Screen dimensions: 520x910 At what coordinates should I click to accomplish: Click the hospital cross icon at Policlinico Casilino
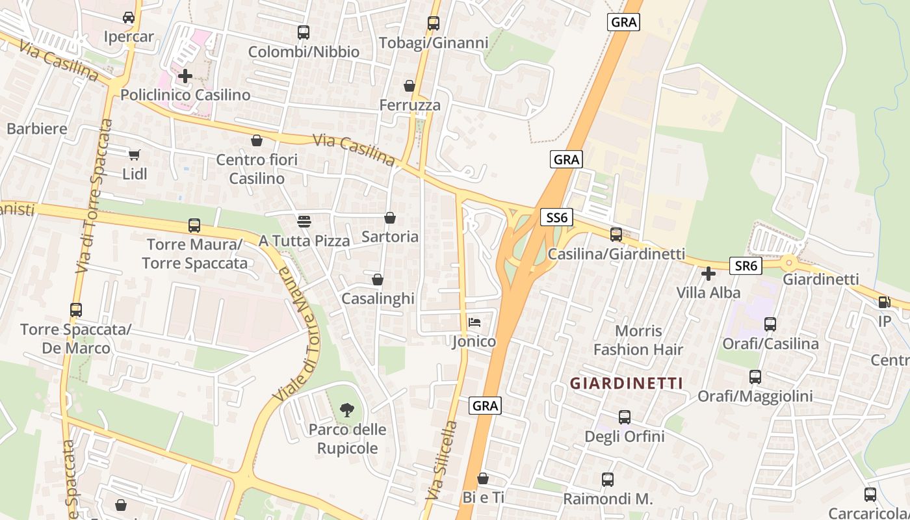185,76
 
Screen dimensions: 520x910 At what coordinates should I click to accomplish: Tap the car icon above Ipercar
129,18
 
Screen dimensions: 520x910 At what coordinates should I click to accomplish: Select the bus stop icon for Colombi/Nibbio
304,32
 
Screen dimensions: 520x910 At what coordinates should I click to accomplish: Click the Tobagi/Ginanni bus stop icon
434,23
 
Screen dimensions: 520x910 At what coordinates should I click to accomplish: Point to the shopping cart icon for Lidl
135,155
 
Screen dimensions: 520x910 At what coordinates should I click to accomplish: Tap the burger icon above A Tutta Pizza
304,221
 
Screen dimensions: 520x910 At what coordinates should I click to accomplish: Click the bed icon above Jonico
474,322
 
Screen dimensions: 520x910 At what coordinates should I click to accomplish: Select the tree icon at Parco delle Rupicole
347,409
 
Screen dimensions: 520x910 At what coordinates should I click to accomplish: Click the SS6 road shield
556,218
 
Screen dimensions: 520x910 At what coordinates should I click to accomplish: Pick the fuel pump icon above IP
884,302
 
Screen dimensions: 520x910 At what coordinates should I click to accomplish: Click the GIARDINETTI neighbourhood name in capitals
627,383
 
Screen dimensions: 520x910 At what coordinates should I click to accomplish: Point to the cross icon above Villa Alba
708,274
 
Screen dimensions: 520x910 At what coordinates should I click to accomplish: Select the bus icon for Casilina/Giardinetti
616,235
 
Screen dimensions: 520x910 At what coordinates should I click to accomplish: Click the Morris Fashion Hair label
638,340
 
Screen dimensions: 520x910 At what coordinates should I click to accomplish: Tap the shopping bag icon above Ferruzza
409,86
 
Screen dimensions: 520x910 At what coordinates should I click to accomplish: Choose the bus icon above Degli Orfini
625,417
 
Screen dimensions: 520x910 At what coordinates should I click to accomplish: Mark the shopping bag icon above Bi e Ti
483,479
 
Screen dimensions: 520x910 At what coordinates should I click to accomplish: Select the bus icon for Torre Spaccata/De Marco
76,310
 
